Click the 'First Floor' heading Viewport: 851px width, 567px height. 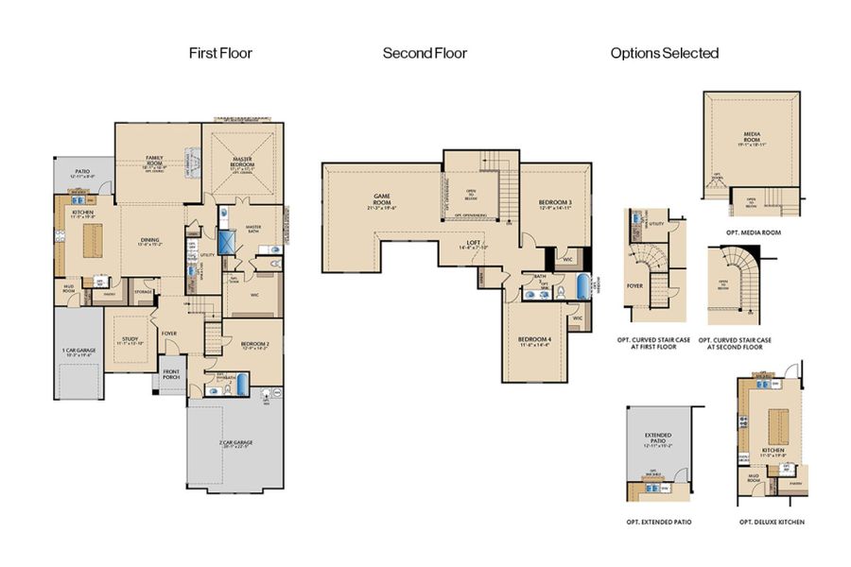pyautogui.click(x=220, y=53)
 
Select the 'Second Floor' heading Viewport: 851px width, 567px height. pyautogui.click(x=425, y=53)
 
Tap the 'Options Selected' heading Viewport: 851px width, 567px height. pyautogui.click(x=664, y=53)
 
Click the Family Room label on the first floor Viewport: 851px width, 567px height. pyautogui.click(x=155, y=160)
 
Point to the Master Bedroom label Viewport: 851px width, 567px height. pyautogui.click(x=244, y=163)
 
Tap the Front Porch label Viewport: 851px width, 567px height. pyautogui.click(x=171, y=374)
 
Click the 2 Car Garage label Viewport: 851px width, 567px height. pyautogui.click(x=235, y=444)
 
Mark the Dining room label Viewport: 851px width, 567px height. pyautogui.click(x=149, y=241)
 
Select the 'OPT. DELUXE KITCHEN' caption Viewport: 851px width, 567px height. pyautogui.click(x=767, y=521)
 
